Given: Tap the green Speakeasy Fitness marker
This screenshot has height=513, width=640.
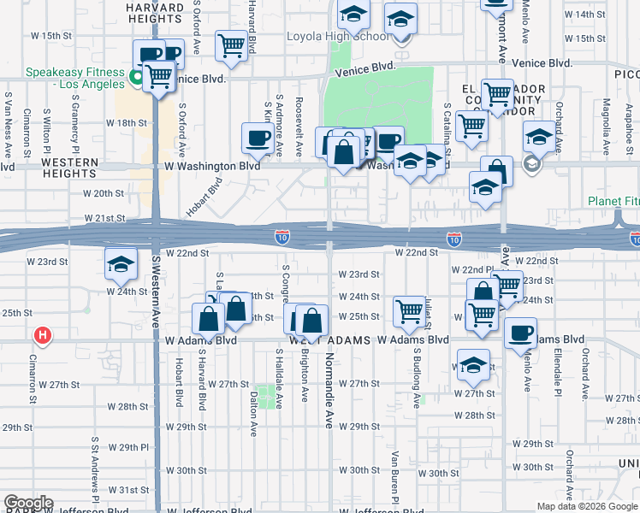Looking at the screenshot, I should pos(135,80).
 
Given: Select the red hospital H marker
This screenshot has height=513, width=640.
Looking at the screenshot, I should pos(40,335).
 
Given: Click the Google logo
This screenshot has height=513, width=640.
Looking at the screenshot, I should pos(28,504).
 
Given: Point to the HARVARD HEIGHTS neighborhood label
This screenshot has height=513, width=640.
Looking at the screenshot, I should pos(155,13).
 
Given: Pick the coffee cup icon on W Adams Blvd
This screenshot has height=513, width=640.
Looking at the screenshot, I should pos(520,333).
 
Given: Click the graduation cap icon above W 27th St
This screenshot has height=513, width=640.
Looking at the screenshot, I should pos(473,365).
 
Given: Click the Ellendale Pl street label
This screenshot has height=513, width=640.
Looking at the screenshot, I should pos(555,369).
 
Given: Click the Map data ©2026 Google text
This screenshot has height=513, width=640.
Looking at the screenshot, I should pos(586,506).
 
